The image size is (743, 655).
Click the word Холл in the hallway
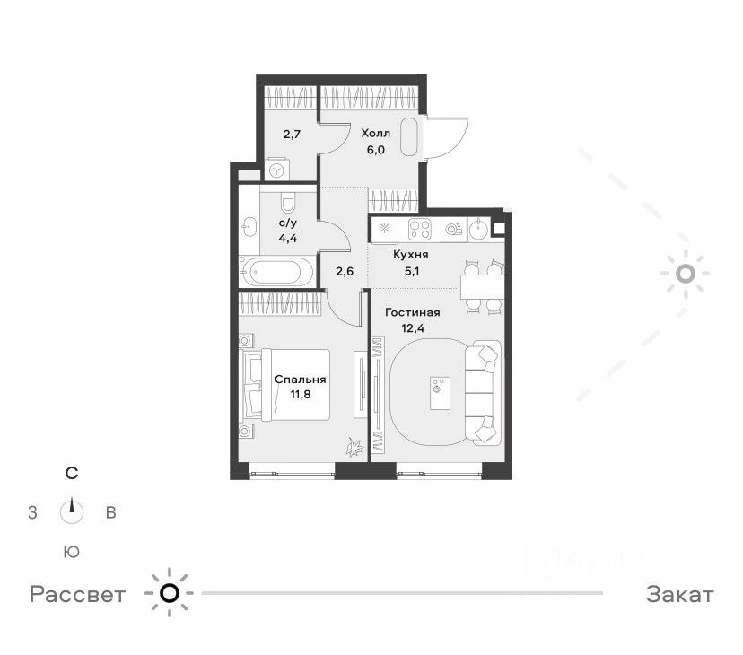point(376,133)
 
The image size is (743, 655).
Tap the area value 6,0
point(375,150)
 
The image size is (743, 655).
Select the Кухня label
point(411,255)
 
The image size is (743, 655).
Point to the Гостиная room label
point(413,312)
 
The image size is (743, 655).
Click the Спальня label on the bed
point(301,380)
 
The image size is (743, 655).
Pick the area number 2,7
point(292,134)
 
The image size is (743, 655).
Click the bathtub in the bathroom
point(276,272)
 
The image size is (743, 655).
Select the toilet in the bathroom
point(288,203)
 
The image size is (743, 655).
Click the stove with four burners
point(420,230)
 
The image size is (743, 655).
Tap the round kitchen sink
point(479,230)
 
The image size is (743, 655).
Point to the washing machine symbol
point(276,170)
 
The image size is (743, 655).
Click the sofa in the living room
point(482,392)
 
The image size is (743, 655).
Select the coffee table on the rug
point(441,393)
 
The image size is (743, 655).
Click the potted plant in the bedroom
point(355,447)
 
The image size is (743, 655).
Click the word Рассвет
point(78,594)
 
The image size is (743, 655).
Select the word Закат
point(680,594)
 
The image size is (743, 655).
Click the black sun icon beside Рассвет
point(170,593)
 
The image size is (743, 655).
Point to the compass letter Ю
point(72,552)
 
